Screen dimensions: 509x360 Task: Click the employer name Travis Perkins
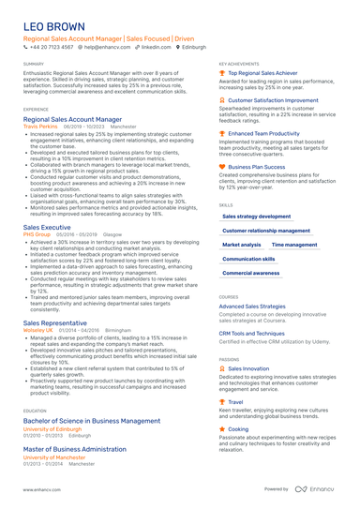40,126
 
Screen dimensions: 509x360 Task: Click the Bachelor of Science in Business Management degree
90,421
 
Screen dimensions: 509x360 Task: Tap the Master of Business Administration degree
74,449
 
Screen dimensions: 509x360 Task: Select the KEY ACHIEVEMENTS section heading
239,64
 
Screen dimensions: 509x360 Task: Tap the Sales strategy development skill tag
256,216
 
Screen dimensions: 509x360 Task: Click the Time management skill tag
293,245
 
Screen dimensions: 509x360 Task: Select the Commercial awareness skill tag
250,273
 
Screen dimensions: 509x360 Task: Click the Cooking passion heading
238,428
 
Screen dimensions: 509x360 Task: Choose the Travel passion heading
235,401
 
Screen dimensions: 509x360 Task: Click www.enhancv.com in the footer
41,489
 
